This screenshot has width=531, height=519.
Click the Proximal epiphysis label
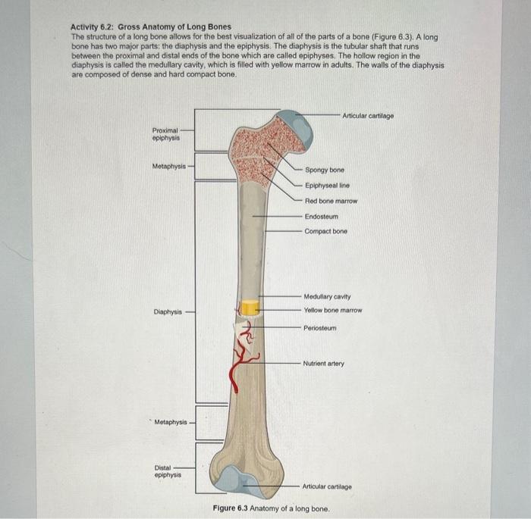pos(165,134)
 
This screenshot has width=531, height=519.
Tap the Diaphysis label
pos(168,311)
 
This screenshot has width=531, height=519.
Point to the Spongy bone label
pos(325,170)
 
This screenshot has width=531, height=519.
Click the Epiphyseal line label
pos(327,186)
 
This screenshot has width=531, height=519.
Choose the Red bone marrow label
pos(330,201)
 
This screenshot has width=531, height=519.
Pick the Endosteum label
pos(322,217)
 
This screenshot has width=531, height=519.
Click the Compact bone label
pos(326,231)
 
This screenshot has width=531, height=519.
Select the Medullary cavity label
pos(327,296)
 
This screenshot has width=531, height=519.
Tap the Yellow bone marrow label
pos(332,311)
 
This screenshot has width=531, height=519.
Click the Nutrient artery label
pos(323,364)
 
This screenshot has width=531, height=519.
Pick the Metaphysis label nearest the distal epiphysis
pos(170,422)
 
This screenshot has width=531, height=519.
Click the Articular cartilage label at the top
pos(368,116)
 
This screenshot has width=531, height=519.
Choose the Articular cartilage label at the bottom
pos(327,486)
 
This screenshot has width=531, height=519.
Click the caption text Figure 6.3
pos(230,508)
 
